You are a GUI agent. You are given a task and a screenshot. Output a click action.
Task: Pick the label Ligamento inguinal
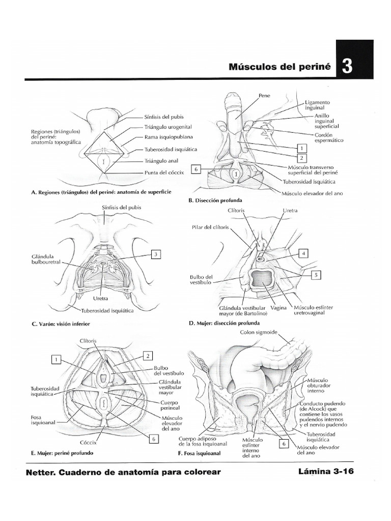[318, 105]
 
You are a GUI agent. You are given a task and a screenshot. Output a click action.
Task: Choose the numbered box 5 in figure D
[316, 275]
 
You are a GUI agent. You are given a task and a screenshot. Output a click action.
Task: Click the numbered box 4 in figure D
[303, 253]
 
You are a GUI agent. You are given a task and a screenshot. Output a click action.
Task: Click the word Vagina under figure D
[278, 308]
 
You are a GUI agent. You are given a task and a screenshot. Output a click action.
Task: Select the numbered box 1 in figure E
[57, 360]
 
